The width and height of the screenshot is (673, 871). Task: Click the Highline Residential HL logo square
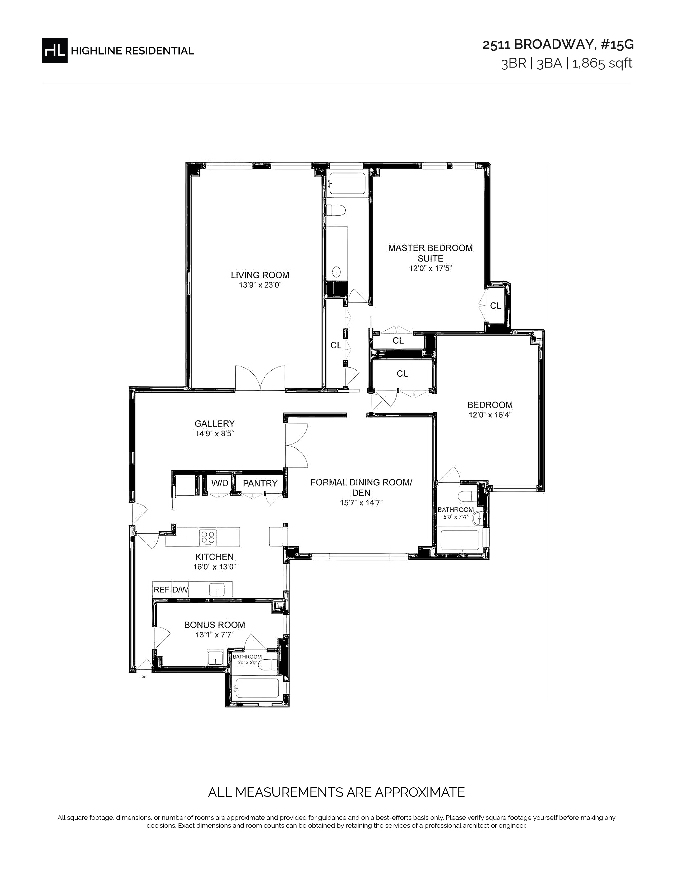(55, 50)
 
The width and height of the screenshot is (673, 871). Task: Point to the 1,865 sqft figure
(603, 63)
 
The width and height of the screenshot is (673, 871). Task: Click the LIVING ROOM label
(260, 275)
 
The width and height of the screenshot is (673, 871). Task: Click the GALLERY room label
(215, 424)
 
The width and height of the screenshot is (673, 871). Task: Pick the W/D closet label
(220, 483)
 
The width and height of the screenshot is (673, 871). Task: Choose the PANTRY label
(260, 483)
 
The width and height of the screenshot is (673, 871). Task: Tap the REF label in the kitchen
(162, 589)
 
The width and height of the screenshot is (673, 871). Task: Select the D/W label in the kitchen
(180, 589)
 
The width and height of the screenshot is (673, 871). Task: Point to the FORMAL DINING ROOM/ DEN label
(361, 487)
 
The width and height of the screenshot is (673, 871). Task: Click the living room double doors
(260, 378)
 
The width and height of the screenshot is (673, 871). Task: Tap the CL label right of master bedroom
(496, 305)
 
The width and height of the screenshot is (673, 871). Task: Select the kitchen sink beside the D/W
(217, 589)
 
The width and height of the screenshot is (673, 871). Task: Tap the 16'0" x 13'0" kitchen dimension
(215, 567)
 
